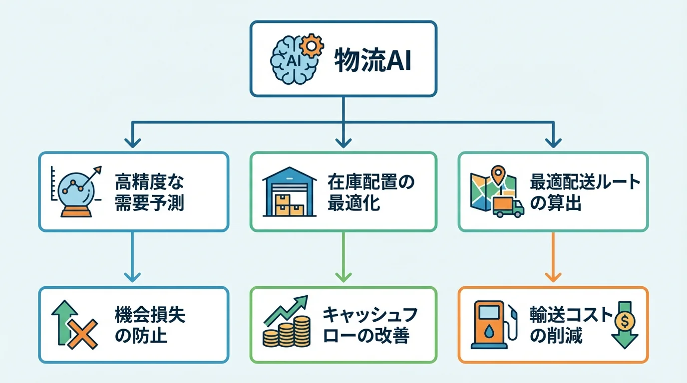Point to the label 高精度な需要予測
pos(149,192)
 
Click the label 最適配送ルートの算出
pos(585,192)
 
